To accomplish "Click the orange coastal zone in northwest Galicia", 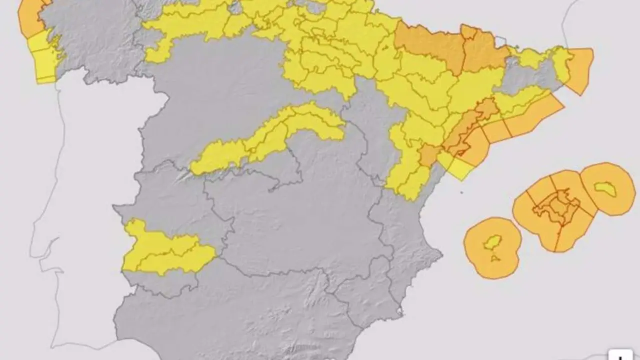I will click(30, 17).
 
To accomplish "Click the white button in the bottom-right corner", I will click(620, 355).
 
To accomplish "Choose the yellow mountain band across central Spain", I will click(265, 137).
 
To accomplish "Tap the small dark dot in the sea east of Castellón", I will click(461, 192).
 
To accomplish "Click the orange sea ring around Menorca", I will click(620, 200).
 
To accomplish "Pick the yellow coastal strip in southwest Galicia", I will click(45, 60).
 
